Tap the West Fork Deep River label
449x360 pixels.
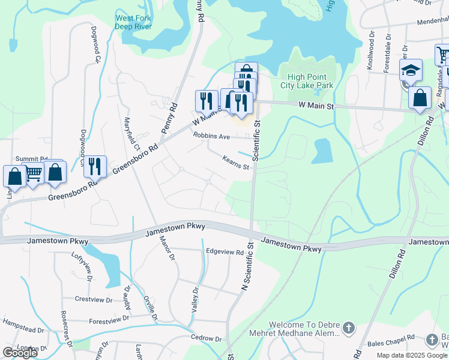[x=133, y=22]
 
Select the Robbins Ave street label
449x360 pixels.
[x=211, y=136]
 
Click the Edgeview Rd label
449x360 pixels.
[x=224, y=253]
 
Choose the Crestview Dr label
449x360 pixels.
[x=94, y=299]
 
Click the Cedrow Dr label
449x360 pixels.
[x=206, y=338]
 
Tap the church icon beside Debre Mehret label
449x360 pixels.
[x=349, y=328]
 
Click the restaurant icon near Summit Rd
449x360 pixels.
[x=95, y=166]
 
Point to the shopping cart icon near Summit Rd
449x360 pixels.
[x=34, y=173]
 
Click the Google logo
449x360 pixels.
[x=19, y=353]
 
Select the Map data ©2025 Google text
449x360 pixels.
[x=411, y=355]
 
